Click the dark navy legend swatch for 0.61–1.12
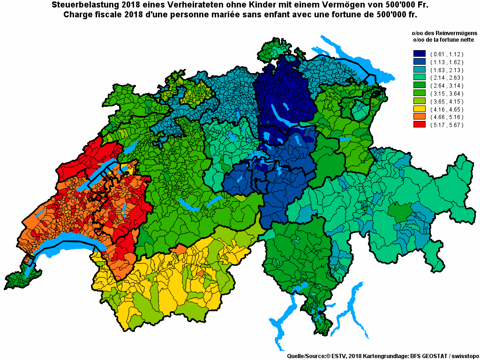(x=419, y=54)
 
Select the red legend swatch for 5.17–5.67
(x=419, y=125)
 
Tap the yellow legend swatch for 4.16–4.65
(x=419, y=109)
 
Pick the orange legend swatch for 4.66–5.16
(x=419, y=117)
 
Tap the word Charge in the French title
(x=77, y=14)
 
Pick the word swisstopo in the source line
(x=464, y=356)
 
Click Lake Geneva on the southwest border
(x=66, y=248)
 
